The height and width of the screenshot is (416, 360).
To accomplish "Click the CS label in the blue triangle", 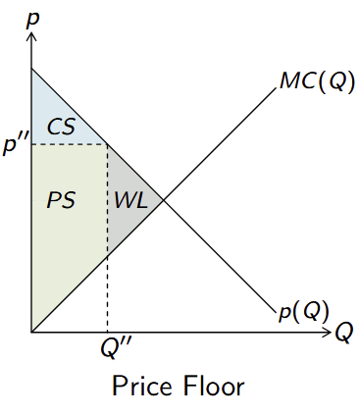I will click(x=61, y=127).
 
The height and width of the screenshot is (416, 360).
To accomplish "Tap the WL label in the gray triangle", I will click(x=130, y=200).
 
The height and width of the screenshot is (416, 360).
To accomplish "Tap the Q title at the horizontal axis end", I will click(x=344, y=333).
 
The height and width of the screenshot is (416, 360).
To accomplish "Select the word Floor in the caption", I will click(x=216, y=384).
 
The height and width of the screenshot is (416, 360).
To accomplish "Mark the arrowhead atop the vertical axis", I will click(x=32, y=36).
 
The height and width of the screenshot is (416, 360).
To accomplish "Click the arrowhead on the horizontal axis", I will click(x=331, y=334).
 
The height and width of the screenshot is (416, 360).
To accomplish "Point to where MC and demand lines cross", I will click(x=163, y=201).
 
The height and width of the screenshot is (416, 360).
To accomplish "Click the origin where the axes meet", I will click(x=32, y=334).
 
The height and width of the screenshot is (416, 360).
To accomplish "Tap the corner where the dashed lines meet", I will click(x=107, y=144).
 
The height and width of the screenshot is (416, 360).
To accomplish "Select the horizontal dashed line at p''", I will click(x=69, y=144).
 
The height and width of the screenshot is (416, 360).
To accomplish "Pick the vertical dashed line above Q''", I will click(x=107, y=294).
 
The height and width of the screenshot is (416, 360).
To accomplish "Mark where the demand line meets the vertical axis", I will click(x=32, y=69).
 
